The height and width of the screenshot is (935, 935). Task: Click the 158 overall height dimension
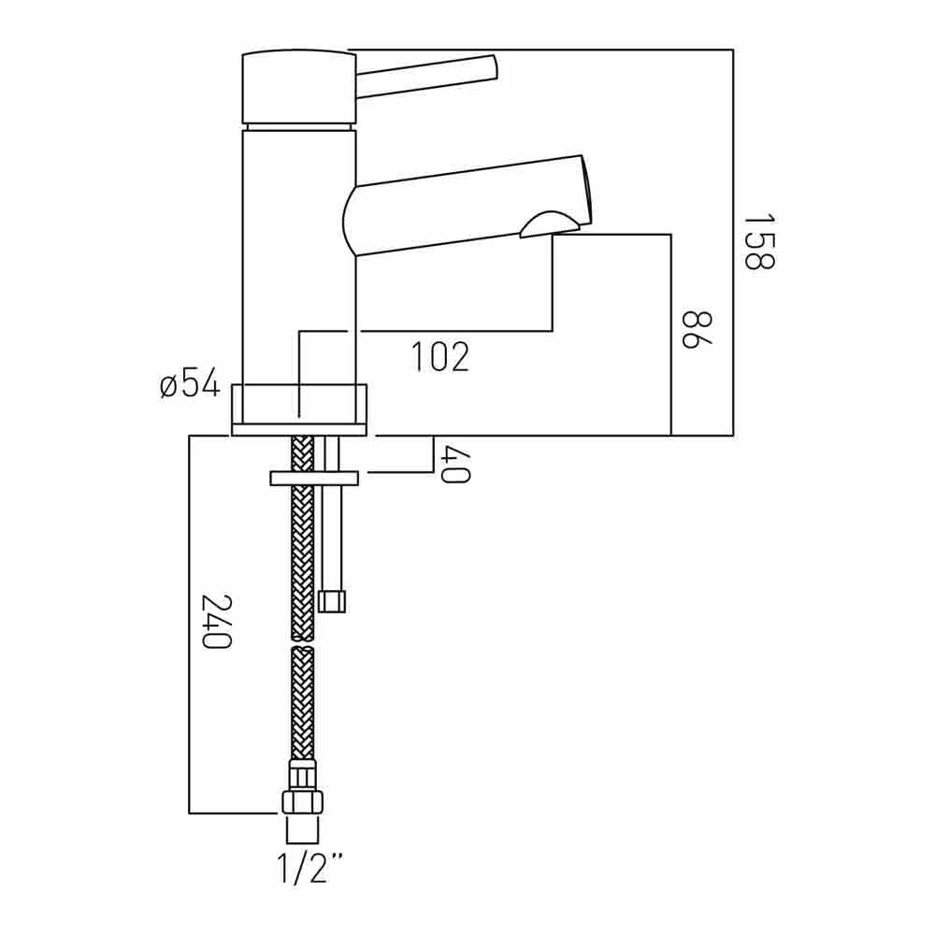coord(759,242)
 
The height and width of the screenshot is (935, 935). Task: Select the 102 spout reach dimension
coord(439,356)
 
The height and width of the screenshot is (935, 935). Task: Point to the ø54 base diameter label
coord(190,383)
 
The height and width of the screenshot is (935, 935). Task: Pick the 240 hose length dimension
coord(216,621)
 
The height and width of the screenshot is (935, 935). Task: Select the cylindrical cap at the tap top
coord(298,86)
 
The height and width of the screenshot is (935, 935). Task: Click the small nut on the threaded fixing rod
coord(332,600)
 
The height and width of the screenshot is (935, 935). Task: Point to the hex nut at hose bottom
coord(302,800)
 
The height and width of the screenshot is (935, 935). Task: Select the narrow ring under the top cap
coord(298,126)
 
